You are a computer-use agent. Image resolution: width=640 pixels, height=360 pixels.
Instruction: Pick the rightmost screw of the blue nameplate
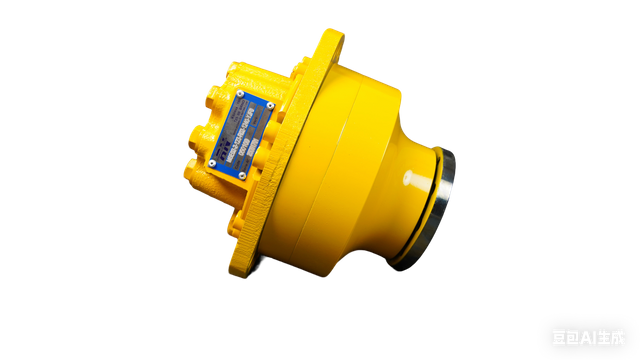coord(269,104)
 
